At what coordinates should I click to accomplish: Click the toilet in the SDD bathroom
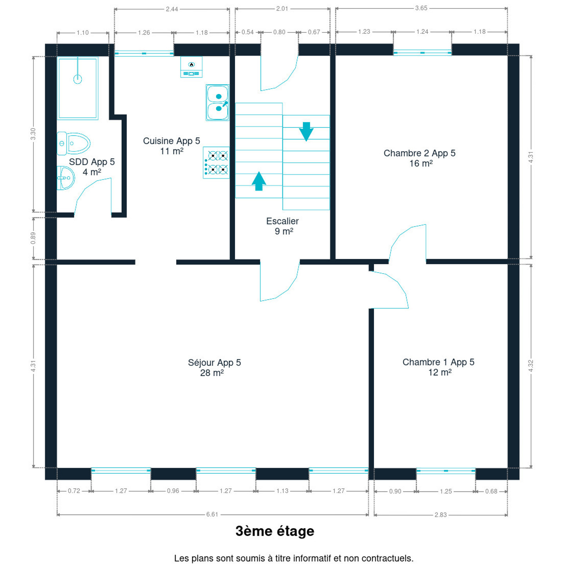[74, 143]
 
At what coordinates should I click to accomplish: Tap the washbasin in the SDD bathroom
[65, 178]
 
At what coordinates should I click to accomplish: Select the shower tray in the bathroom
[78, 88]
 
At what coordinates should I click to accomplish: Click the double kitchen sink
[217, 103]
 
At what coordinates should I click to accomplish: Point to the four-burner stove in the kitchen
[216, 163]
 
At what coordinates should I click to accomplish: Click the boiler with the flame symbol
[192, 67]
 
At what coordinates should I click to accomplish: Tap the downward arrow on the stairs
[306, 132]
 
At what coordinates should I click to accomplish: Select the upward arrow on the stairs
[259, 181]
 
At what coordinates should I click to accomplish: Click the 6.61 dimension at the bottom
[212, 515]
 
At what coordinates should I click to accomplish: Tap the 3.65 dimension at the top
[421, 8]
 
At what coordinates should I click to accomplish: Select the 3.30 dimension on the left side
[33, 134]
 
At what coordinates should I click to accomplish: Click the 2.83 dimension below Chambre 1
[441, 515]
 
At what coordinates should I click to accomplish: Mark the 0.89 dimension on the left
[33, 238]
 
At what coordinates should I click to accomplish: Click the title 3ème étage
[275, 531]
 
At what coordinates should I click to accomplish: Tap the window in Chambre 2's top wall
[422, 53]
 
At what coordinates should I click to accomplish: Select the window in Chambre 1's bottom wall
[446, 471]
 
